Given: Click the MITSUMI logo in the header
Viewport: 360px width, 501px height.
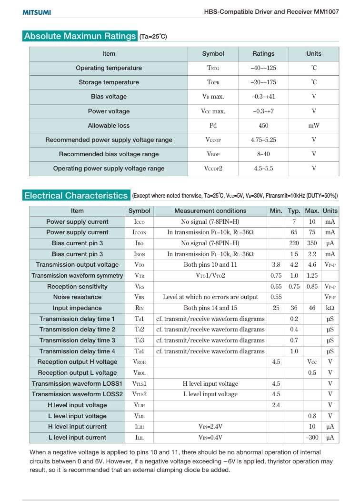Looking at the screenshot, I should (37, 12).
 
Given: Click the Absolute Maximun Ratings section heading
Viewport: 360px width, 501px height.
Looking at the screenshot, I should (80, 36).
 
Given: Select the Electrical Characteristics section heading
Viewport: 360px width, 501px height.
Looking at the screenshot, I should (76, 195).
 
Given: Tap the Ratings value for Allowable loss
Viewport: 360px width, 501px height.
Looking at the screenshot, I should (263, 126).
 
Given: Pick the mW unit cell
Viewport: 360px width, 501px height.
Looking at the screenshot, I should (314, 126).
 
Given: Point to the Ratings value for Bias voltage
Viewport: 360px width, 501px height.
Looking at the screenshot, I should (263, 97).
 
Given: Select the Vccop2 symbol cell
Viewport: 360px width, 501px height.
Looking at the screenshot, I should (213, 169).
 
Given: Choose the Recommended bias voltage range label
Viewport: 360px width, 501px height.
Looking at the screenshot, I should (109, 154).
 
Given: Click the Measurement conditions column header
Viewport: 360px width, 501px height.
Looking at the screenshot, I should (210, 211).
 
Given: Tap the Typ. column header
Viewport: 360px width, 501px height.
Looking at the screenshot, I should (294, 211).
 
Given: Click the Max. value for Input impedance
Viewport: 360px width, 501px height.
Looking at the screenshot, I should (312, 308).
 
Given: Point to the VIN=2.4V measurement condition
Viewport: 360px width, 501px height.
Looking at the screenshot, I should (210, 427).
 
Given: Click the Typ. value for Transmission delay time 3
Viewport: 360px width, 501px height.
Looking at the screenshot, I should (294, 341).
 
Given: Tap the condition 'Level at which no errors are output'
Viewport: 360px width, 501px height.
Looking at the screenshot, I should (210, 297).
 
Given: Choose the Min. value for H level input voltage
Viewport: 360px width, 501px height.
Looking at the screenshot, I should (276, 405).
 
